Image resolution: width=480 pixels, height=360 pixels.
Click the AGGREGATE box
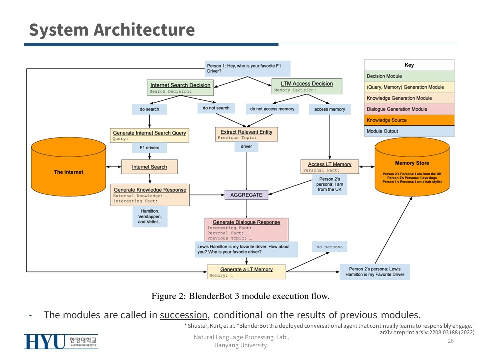(x=246, y=195)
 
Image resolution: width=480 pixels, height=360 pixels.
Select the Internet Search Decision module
(x=180, y=88)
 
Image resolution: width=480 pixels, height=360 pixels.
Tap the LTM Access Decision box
(x=307, y=86)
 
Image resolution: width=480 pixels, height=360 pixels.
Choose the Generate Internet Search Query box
(x=150, y=135)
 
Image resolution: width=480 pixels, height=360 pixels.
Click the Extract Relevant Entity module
(x=246, y=134)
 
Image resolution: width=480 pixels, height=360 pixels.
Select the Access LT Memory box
(x=330, y=167)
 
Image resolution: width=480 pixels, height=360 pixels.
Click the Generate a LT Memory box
(x=246, y=272)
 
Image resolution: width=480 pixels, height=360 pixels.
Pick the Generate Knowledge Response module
(x=150, y=195)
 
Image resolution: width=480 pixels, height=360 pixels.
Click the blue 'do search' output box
(x=149, y=109)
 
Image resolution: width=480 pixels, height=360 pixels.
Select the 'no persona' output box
(x=330, y=247)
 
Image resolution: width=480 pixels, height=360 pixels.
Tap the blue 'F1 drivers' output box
(x=149, y=148)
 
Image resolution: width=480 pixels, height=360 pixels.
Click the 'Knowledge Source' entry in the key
(x=409, y=120)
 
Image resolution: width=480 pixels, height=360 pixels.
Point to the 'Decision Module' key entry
(x=409, y=76)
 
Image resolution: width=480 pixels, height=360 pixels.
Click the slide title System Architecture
(x=111, y=30)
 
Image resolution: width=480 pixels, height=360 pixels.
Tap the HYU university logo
(x=61, y=342)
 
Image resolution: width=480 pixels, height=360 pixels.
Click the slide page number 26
(x=451, y=341)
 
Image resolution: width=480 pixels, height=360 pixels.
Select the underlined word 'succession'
(x=183, y=315)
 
